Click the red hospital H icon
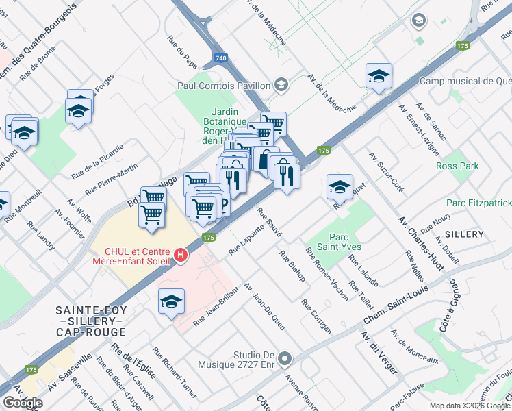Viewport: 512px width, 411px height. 181,256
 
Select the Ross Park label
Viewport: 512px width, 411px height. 457,166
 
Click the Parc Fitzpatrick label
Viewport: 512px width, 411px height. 478,203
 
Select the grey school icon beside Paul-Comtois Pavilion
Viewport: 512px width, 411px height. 280,85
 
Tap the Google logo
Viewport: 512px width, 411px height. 23,402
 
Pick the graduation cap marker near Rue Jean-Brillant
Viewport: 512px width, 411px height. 171,301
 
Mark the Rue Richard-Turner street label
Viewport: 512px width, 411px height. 175,373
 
